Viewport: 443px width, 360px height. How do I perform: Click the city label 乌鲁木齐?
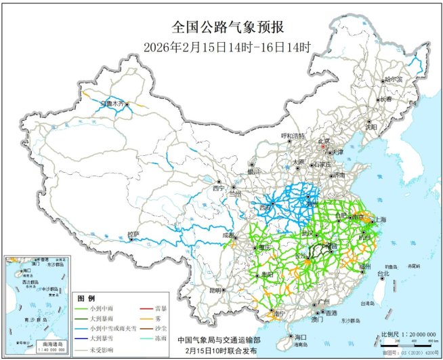[x=113, y=104]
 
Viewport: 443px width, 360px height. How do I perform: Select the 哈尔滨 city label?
[x=389, y=79]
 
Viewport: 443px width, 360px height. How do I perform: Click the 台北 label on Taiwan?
[x=383, y=274]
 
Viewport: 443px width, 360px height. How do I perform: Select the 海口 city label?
[x=301, y=337]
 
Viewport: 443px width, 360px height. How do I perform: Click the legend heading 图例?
[x=85, y=298]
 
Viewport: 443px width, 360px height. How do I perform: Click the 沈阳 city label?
[x=371, y=126]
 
